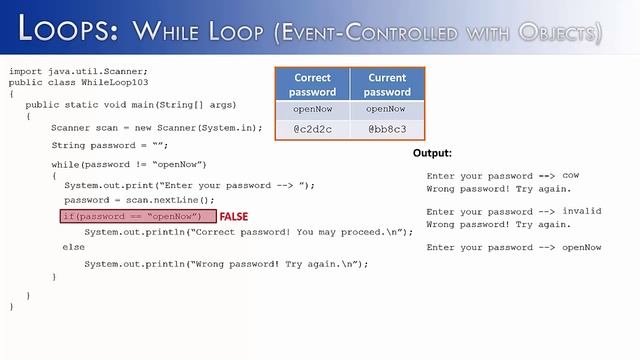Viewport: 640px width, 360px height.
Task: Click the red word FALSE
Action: [x=234, y=216]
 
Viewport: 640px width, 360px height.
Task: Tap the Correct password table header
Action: [x=312, y=84]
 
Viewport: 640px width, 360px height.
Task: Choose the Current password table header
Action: [x=387, y=84]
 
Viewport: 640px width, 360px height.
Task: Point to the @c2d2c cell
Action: [x=312, y=129]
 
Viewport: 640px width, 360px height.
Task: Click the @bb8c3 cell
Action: [x=387, y=129]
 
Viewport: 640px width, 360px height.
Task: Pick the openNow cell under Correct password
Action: [x=312, y=109]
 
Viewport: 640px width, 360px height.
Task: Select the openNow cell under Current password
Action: [x=387, y=109]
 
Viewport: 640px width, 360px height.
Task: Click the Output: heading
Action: [x=432, y=154]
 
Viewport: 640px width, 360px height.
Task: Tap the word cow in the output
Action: [x=571, y=175]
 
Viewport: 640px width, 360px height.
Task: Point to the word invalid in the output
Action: [x=581, y=211]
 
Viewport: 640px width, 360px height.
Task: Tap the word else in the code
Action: [x=73, y=247]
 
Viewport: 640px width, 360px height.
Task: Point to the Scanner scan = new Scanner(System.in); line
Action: [x=157, y=127]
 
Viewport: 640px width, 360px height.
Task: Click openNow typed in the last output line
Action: [x=582, y=247]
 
